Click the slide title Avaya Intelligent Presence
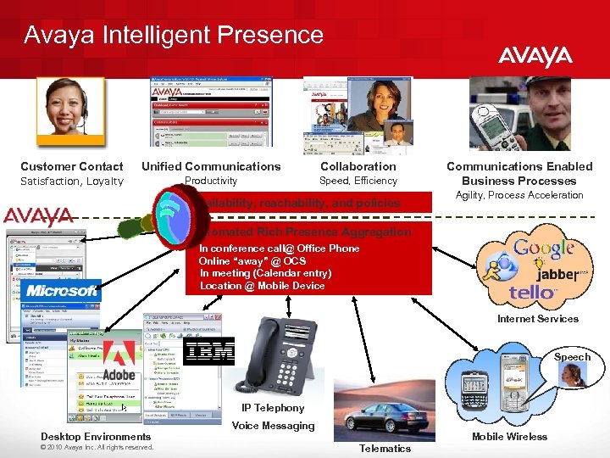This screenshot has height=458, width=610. click(x=174, y=35)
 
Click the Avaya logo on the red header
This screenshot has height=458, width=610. click(x=535, y=57)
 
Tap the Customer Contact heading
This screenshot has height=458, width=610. click(x=72, y=166)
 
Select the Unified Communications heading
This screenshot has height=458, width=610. click(x=211, y=166)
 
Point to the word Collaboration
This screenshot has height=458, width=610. click(x=358, y=166)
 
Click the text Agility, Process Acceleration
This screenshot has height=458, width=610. click(x=519, y=195)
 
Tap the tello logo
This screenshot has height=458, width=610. click(x=533, y=293)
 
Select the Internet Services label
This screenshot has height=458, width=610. click(x=538, y=319)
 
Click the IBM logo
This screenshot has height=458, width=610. click(x=208, y=351)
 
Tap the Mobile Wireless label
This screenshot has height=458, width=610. click(x=509, y=437)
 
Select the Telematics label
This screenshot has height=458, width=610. click(x=385, y=448)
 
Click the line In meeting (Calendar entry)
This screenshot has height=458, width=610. click(x=265, y=273)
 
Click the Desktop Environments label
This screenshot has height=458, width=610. click(x=96, y=437)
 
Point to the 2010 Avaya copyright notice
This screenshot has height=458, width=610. click(x=97, y=447)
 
